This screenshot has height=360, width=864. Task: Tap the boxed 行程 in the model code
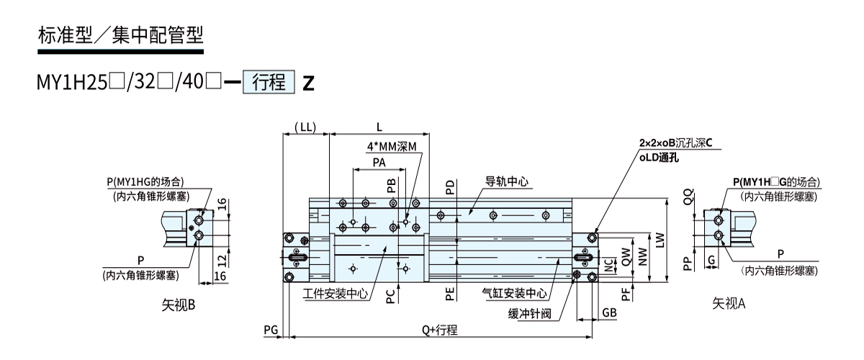click(270, 82)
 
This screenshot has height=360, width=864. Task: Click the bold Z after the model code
click(308, 83)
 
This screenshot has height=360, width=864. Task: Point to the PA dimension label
click(379, 163)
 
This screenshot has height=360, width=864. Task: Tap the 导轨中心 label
click(506, 182)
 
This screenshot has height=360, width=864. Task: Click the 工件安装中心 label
click(336, 293)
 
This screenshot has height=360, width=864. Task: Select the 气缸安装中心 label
click(512, 293)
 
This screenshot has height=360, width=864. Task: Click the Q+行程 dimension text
click(440, 330)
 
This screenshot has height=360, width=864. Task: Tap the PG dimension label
click(271, 330)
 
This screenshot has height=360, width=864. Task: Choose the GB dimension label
click(609, 313)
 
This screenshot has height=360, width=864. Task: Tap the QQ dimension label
click(689, 197)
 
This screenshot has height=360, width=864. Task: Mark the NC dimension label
click(609, 268)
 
